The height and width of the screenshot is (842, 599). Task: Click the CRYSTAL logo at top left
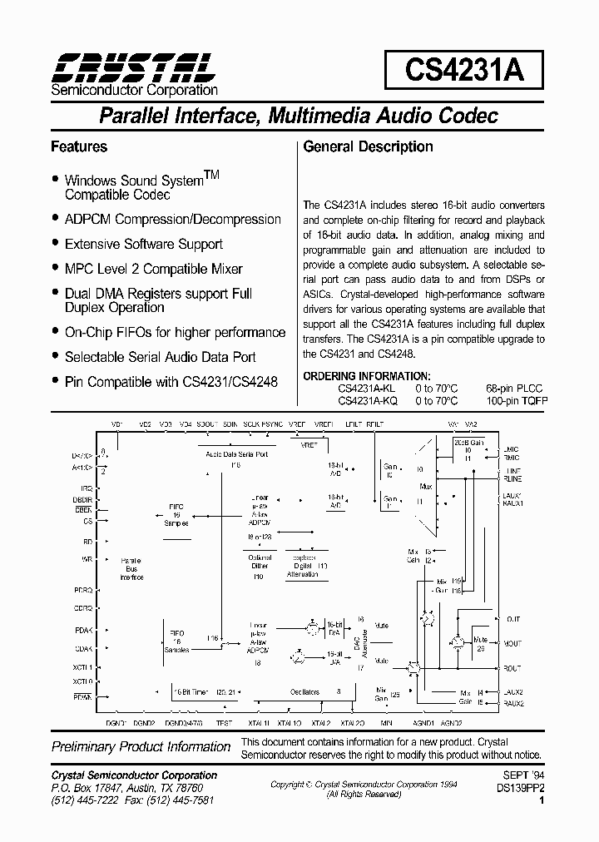coord(133,65)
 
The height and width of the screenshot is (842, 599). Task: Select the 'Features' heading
coord(79,146)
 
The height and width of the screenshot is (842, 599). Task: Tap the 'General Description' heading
coord(368,146)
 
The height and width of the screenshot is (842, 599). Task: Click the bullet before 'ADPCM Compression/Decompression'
coord(55,219)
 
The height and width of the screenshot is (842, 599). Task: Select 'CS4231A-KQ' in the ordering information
coord(367,400)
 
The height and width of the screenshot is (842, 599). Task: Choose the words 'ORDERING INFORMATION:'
coord(367,376)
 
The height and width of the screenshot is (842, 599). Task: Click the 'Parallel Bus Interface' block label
coord(131,569)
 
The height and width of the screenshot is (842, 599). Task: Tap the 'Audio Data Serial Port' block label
coord(236,455)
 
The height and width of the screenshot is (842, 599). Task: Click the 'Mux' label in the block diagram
coord(426,485)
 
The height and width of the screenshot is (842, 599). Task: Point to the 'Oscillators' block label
coord(304,691)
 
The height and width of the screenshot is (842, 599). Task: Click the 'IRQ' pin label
coord(86,488)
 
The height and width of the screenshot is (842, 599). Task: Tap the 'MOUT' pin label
coord(512,643)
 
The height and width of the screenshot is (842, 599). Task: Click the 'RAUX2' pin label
coord(513,703)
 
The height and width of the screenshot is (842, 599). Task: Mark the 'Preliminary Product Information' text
coord(140,747)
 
